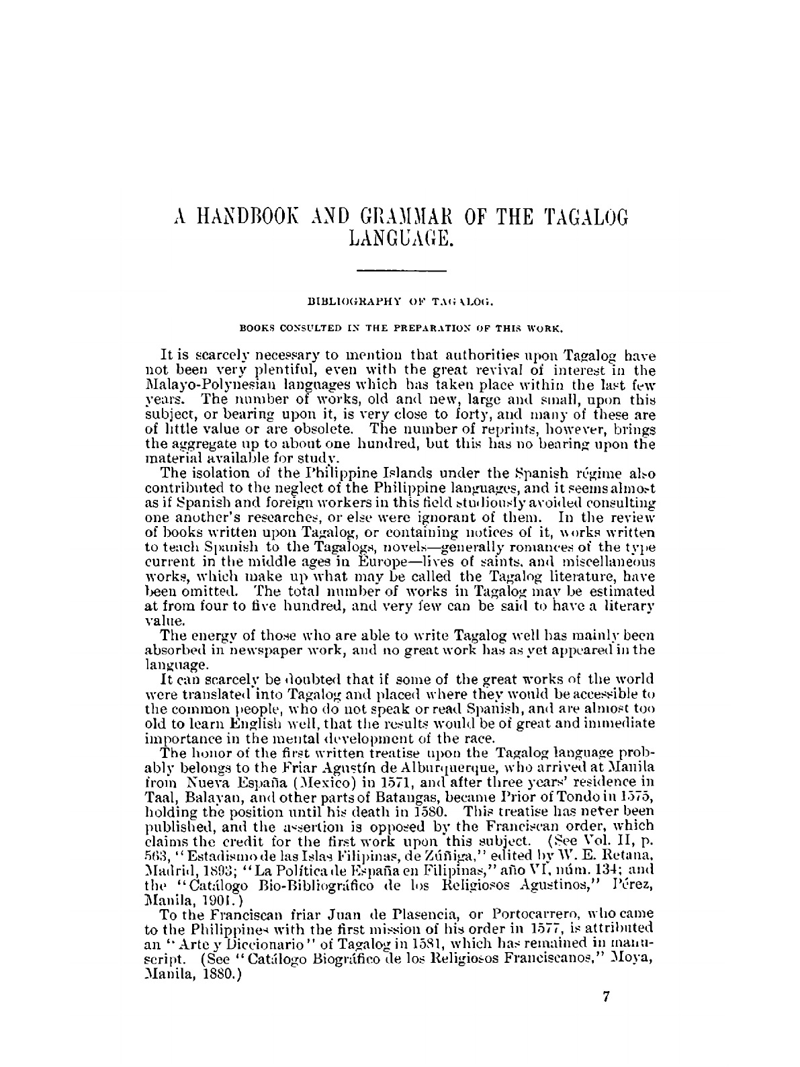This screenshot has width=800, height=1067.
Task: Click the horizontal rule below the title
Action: click(401, 271)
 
